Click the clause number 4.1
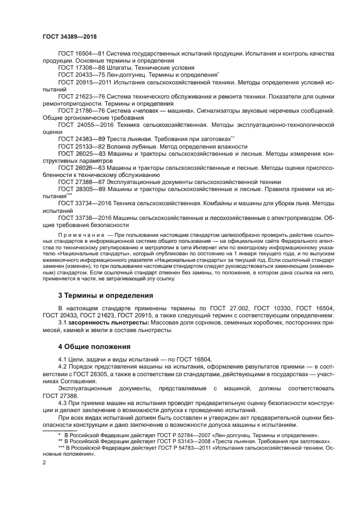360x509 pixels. click(x=63, y=359)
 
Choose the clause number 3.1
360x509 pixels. click(x=63, y=322)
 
